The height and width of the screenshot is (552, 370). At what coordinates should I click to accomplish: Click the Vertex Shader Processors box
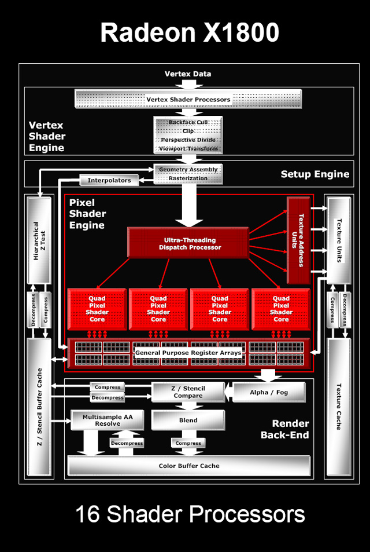188,99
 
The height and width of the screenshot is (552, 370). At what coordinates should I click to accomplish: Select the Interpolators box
109,181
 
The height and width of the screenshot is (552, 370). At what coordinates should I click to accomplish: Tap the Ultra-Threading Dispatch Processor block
190,243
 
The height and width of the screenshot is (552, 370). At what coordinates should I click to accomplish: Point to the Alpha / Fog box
269,392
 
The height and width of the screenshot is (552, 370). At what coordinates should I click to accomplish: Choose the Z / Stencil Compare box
188,392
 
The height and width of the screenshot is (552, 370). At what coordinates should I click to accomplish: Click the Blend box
188,421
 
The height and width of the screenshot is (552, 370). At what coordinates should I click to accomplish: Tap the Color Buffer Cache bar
189,466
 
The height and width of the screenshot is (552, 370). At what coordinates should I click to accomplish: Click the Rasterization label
188,178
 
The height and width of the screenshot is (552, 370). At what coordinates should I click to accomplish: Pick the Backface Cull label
188,123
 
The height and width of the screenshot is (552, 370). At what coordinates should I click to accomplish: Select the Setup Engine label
315,174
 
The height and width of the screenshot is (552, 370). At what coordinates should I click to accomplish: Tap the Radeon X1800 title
190,33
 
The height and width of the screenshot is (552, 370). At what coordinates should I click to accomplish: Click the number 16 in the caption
88,514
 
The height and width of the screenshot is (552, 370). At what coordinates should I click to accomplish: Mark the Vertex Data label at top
188,74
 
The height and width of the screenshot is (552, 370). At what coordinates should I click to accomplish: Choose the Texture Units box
339,240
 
